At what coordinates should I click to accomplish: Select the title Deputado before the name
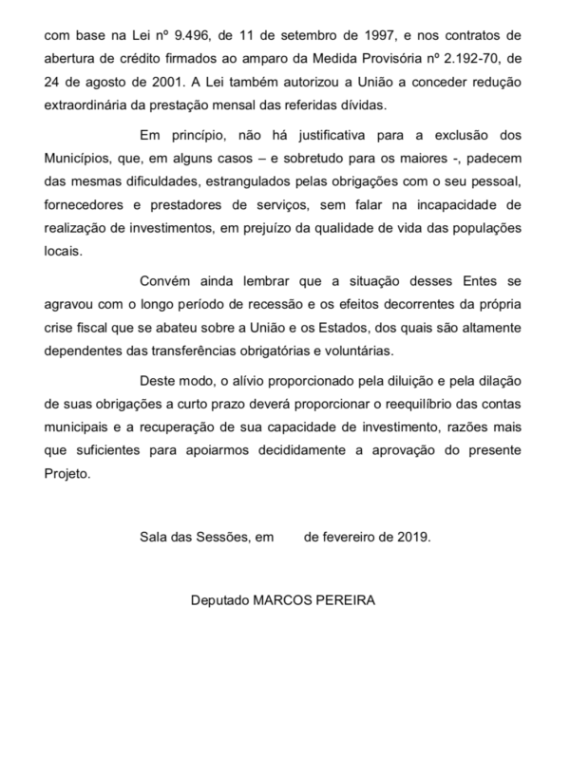point(220,601)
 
